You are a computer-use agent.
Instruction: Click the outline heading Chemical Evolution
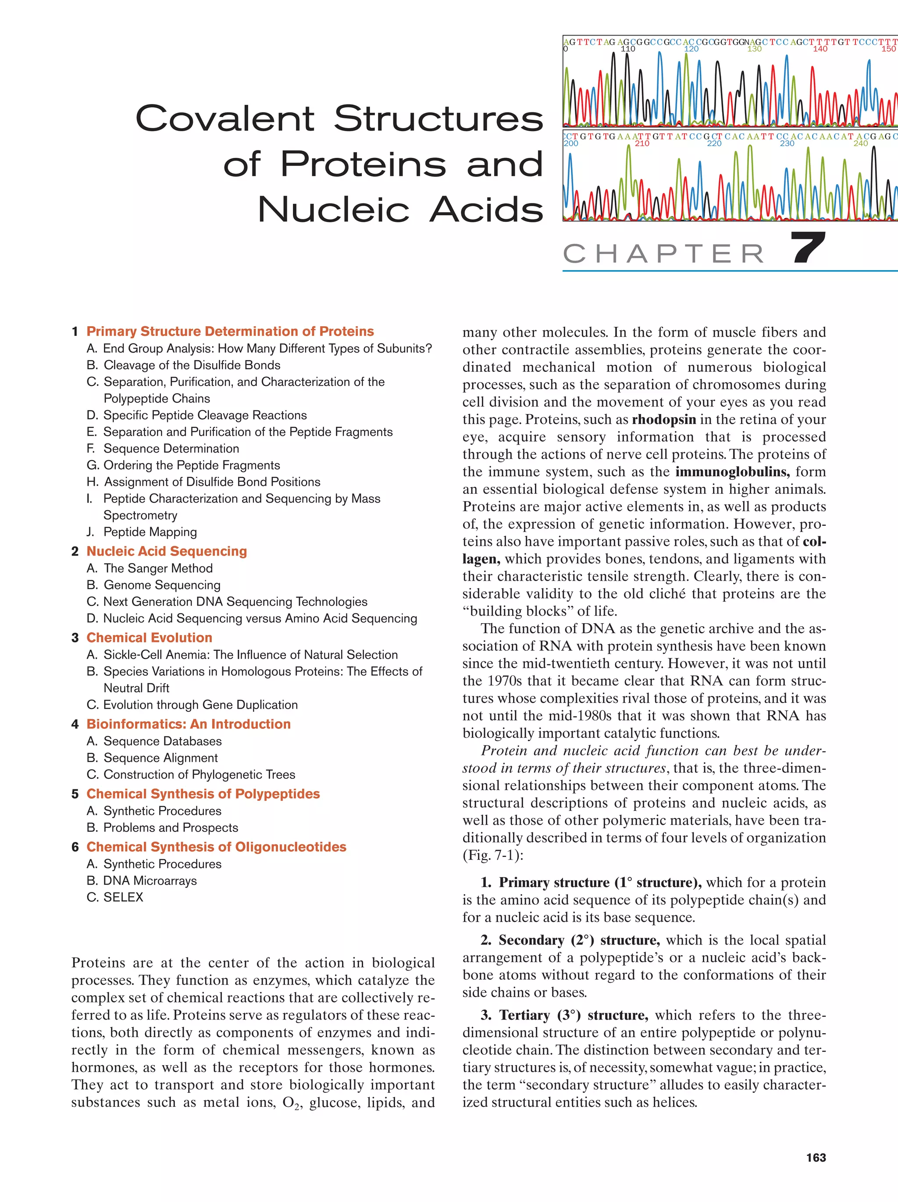point(149,638)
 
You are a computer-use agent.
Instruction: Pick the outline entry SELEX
point(123,897)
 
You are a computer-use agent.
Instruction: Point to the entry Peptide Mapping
point(150,532)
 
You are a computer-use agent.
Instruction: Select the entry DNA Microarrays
point(150,880)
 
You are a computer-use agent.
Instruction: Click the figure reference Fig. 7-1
point(492,855)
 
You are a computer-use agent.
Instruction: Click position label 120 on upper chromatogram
point(691,49)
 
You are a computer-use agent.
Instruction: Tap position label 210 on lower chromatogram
point(641,143)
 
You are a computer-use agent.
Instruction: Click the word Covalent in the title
point(225,118)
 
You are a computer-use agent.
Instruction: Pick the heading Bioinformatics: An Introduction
point(188,724)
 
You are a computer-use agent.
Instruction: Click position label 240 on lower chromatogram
point(861,143)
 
